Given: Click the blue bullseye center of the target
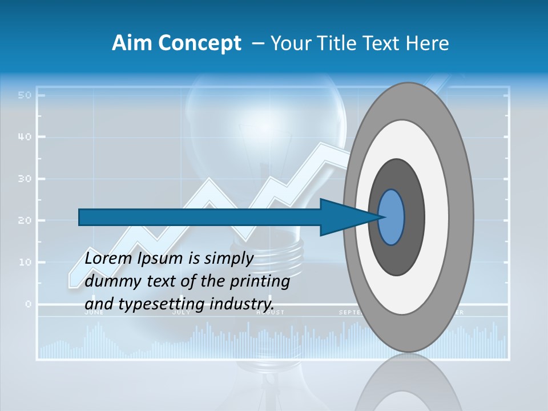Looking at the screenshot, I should click(392, 217).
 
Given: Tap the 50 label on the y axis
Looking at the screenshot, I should click(24, 95).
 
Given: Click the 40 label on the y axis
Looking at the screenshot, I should click(24, 137).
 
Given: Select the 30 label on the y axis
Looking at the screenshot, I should click(24, 179).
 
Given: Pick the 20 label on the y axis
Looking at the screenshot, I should click(24, 220).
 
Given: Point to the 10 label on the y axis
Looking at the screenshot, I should click(24, 263).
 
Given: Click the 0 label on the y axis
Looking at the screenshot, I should click(27, 304).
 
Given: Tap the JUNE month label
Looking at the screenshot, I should click(94, 312).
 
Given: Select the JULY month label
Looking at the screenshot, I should click(182, 312).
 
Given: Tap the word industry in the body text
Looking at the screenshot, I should click(242, 304).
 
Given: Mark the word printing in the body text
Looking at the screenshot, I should click(261, 281).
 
